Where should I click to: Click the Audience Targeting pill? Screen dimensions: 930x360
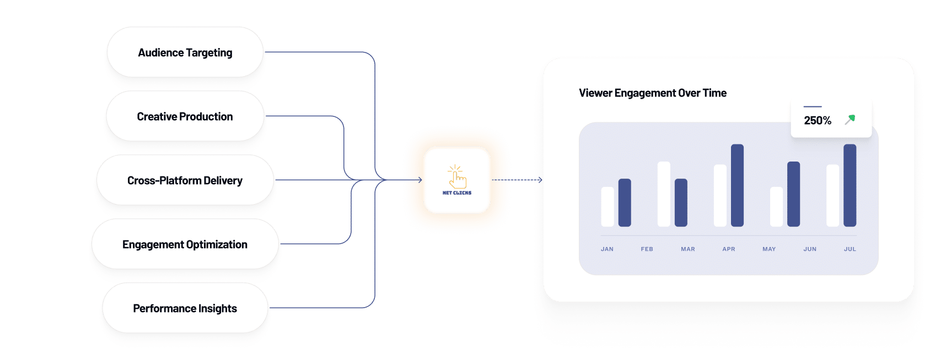185,52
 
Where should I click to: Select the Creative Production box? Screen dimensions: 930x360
185,116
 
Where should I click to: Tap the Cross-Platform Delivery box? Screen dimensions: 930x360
185,180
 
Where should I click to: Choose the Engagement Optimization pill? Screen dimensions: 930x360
185,244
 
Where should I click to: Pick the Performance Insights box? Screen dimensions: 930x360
185,308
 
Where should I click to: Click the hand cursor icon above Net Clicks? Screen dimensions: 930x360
456,176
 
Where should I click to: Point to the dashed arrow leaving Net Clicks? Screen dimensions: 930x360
517,180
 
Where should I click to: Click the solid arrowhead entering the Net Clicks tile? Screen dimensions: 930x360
420,180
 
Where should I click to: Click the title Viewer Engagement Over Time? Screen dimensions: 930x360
653,93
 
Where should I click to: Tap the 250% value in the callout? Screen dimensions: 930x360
818,120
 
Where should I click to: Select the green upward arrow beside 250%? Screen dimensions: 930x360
850,120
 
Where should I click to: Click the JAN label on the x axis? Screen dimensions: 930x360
607,249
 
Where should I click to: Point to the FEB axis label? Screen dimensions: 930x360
647,249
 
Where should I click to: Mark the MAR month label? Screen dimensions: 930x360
688,249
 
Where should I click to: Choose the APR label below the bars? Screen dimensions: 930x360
729,249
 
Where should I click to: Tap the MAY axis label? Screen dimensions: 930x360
770,249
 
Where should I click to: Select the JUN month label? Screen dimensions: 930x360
810,249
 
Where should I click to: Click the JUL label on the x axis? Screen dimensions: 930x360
850,249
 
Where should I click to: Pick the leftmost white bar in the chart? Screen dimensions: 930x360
608,207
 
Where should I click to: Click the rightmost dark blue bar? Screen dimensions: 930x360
850,185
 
